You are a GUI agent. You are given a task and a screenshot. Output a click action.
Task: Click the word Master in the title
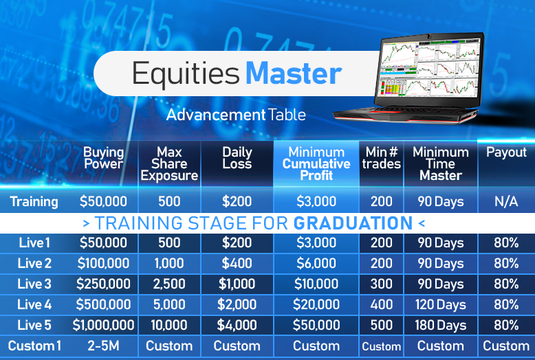click(294, 74)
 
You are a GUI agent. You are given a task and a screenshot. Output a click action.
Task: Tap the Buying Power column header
click(103, 158)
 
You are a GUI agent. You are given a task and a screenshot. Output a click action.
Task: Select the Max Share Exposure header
click(169, 164)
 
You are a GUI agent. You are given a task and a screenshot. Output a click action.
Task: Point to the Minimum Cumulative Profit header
click(316, 164)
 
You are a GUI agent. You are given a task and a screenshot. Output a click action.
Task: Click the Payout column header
click(506, 153)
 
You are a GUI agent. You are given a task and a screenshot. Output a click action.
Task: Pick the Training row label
click(34, 202)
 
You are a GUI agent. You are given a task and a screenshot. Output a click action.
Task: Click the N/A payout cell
click(506, 201)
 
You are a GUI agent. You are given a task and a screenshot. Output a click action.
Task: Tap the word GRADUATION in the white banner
click(353, 223)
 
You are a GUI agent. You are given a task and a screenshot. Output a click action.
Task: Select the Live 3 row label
click(34, 284)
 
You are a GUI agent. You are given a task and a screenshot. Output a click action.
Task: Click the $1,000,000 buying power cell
click(103, 325)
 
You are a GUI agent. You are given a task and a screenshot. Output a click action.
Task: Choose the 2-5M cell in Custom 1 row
click(103, 346)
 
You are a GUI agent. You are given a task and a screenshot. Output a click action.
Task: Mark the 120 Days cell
click(441, 305)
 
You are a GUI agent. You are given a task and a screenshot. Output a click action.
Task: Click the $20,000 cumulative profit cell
click(316, 305)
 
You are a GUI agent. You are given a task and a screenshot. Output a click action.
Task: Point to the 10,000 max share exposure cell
click(169, 325)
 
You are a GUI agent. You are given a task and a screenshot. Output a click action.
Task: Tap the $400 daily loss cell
click(237, 264)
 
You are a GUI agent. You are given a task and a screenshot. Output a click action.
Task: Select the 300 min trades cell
click(382, 284)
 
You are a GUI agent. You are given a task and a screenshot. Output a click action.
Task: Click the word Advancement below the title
click(216, 115)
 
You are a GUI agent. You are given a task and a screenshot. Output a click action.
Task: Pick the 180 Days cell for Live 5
click(441, 326)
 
